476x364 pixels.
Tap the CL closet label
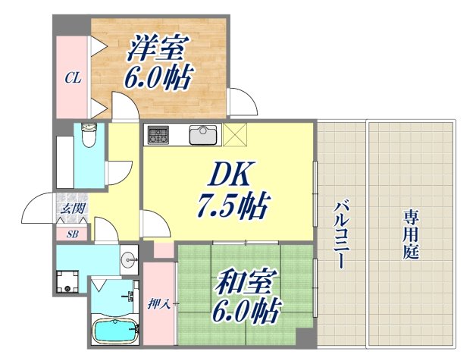[72, 77]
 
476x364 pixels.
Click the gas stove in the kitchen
[158, 135]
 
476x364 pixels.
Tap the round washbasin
[125, 257]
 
